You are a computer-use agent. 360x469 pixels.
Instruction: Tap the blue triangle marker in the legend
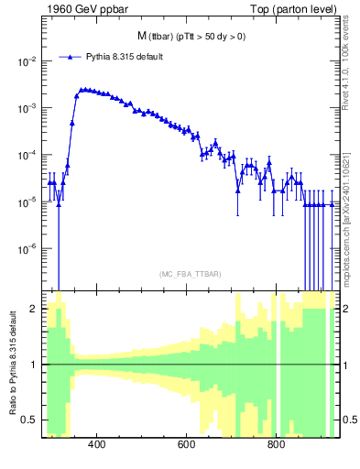[70, 57]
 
